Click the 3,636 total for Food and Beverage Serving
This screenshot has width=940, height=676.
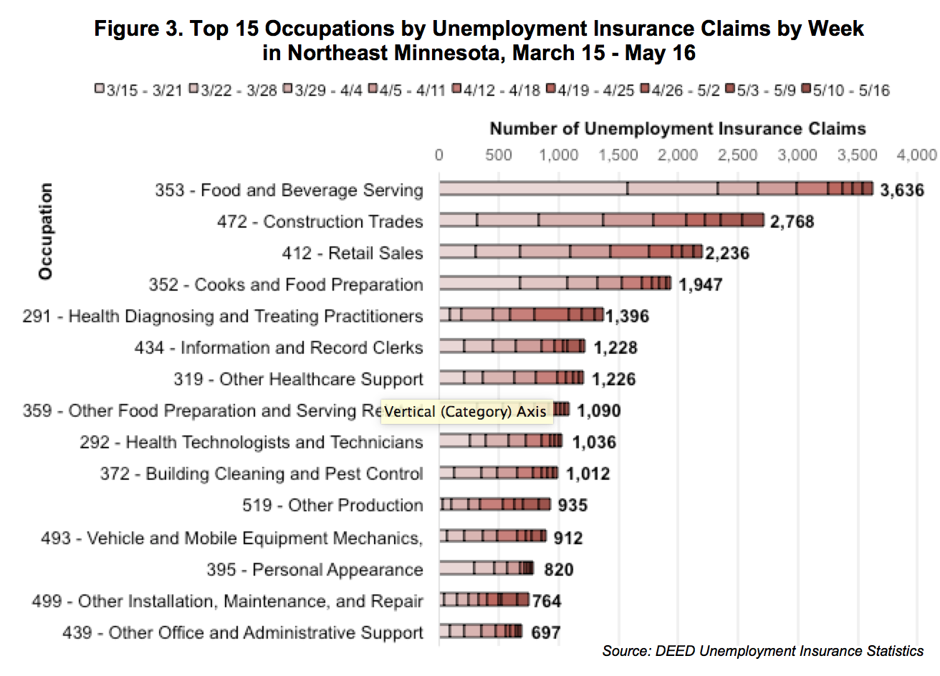click(902, 190)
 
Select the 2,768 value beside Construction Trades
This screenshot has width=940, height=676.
click(792, 221)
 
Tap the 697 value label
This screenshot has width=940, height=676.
click(545, 632)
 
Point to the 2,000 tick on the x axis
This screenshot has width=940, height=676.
click(678, 155)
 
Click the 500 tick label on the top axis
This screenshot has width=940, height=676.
click(498, 155)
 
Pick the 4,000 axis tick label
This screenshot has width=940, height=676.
click(916, 155)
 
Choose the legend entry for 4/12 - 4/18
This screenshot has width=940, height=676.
click(496, 90)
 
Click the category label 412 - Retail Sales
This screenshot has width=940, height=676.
click(352, 253)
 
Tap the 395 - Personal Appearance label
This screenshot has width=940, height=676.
click(315, 569)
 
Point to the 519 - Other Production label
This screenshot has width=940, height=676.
click(332, 505)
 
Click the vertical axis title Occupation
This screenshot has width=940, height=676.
click(46, 231)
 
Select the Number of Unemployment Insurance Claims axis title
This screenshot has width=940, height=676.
click(677, 129)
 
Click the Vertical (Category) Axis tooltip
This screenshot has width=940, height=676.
click(466, 412)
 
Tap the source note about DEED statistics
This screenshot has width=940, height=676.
click(762, 651)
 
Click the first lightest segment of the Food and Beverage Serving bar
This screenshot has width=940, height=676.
click(533, 188)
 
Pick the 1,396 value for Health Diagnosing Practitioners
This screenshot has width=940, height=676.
click(627, 316)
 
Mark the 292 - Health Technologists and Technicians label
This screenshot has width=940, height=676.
click(251, 442)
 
